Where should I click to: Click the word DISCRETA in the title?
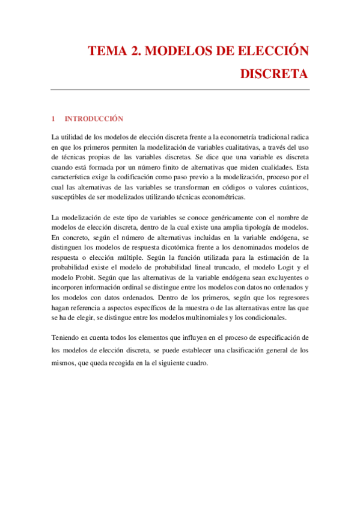pos(274,75)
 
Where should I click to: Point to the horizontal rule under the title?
pos(180,90)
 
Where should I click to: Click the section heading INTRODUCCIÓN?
pos(94,118)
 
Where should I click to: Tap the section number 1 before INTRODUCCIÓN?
pos(53,118)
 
